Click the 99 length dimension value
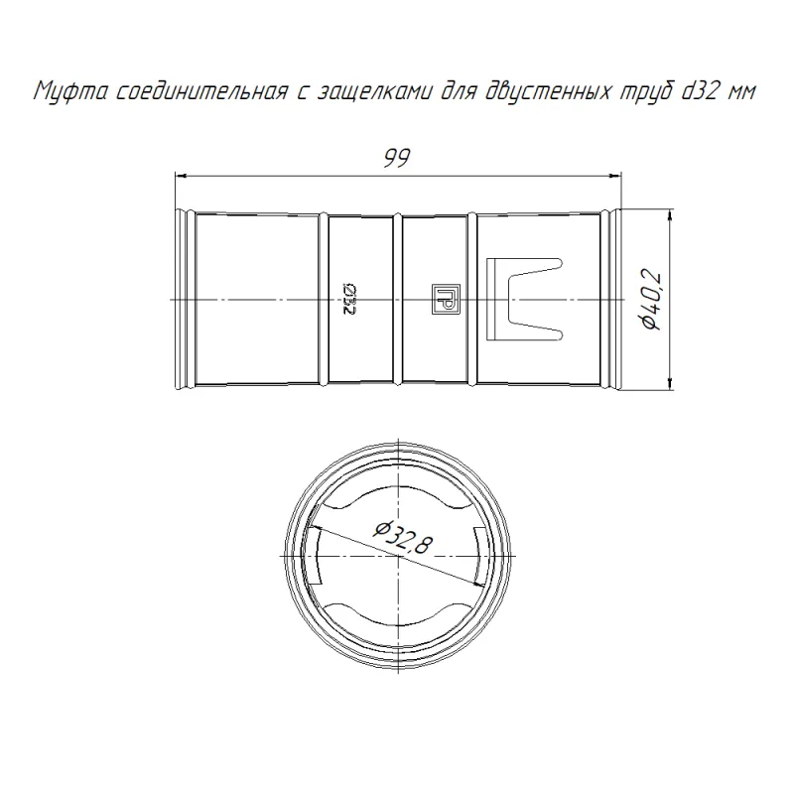pos(396,159)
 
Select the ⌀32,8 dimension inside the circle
pos(403,538)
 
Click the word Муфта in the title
pos(69,92)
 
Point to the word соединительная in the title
pos(202,91)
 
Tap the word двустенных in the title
pos(548,92)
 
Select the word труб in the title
pos(646,91)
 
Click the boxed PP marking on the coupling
pos(442,299)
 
